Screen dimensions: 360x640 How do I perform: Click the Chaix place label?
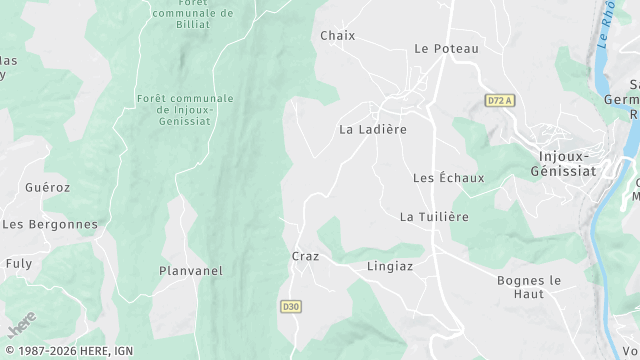(x=338, y=36)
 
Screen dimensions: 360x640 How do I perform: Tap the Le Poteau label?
(x=446, y=48)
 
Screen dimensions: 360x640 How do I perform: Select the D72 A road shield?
(x=499, y=100)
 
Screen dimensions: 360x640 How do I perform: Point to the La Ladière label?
(x=373, y=129)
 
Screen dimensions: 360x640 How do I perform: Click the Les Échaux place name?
(x=448, y=178)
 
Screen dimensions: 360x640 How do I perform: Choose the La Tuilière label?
(x=434, y=216)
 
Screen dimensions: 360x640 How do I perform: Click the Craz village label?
(x=305, y=256)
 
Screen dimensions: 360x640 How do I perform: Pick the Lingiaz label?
(x=390, y=266)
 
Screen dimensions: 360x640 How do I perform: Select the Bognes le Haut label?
(x=529, y=287)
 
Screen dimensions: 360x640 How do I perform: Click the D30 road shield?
(x=290, y=306)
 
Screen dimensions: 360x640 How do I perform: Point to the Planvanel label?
(x=191, y=271)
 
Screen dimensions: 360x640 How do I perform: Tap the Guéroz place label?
(x=48, y=187)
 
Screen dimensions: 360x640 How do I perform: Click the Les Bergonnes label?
(x=50, y=224)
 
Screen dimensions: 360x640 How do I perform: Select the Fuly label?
(x=19, y=263)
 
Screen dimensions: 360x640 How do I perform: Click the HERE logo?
(x=21, y=324)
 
